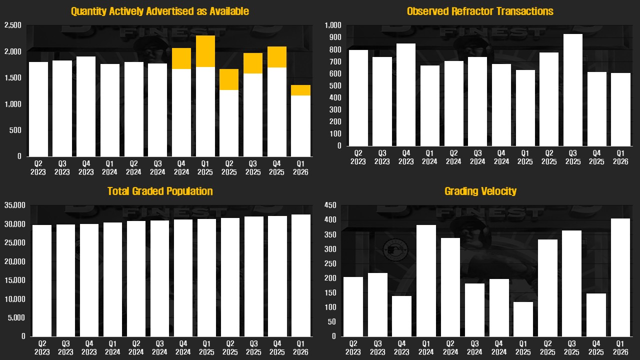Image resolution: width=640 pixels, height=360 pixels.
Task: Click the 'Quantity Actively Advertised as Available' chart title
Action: click(159, 11)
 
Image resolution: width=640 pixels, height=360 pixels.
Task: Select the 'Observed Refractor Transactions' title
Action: click(480, 11)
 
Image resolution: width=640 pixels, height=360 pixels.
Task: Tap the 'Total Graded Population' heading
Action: click(160, 191)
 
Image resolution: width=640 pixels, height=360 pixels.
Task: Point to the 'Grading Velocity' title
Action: click(480, 191)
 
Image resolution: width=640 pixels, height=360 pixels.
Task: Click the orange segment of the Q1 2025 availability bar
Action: click(205, 51)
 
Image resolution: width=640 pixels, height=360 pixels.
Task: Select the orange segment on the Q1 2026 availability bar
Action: click(301, 90)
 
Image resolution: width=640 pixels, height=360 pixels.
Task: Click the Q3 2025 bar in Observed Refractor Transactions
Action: click(573, 90)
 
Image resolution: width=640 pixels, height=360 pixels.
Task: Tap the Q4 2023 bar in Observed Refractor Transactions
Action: click(406, 95)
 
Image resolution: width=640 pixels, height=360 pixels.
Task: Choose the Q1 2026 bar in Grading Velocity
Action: click(621, 277)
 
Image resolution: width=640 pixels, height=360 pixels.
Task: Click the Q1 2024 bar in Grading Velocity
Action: click(426, 280)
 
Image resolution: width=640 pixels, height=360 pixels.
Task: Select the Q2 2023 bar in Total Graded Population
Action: click(41, 280)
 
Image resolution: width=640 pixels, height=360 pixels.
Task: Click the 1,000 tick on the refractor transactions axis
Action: click(332, 25)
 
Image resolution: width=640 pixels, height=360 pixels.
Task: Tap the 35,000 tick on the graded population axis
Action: click(14, 205)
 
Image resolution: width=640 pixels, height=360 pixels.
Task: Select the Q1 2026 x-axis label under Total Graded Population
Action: click(301, 348)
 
